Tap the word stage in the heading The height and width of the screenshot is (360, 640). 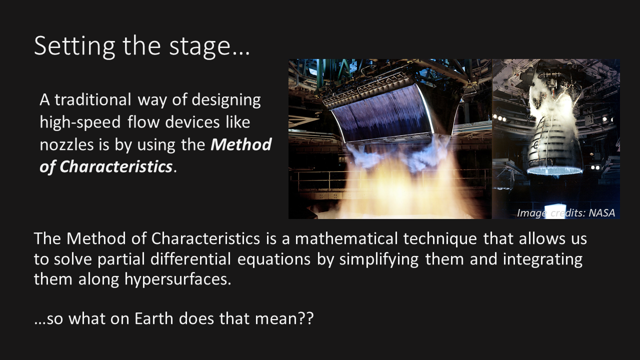pyautogui.click(x=199, y=47)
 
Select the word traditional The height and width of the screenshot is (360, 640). pyautogui.click(x=93, y=99)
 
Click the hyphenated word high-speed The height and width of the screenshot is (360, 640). pyautogui.click(x=80, y=122)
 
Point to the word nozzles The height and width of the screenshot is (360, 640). pyautogui.click(x=66, y=145)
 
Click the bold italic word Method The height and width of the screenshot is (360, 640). pyautogui.click(x=241, y=144)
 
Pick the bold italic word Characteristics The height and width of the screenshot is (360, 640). pyautogui.click(x=116, y=166)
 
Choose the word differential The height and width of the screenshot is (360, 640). pyautogui.click(x=190, y=259)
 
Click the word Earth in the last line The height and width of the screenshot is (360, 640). pyautogui.click(x=153, y=318)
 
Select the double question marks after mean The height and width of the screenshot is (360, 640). pyautogui.click(x=305, y=318)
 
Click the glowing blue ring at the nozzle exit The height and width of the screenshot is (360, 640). pyautogui.click(x=554, y=171)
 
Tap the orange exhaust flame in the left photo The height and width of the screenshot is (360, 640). pyautogui.click(x=400, y=185)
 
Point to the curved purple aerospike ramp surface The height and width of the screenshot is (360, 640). pyautogui.click(x=383, y=114)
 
